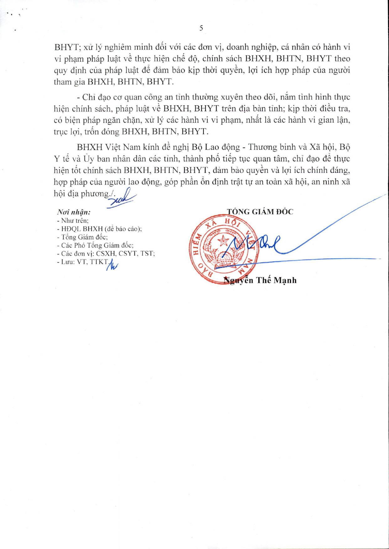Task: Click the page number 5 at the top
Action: click(x=201, y=28)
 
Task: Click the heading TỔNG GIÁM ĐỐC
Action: click(x=260, y=212)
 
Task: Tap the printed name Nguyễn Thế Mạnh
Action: click(x=260, y=280)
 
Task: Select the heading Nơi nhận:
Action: click(x=74, y=212)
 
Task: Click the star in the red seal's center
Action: click(x=223, y=240)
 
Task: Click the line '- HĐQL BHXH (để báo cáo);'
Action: click(x=99, y=229)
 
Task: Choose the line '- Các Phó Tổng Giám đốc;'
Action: click(x=95, y=245)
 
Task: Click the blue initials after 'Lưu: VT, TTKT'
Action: click(x=112, y=265)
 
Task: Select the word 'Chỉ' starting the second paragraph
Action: click(x=89, y=97)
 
